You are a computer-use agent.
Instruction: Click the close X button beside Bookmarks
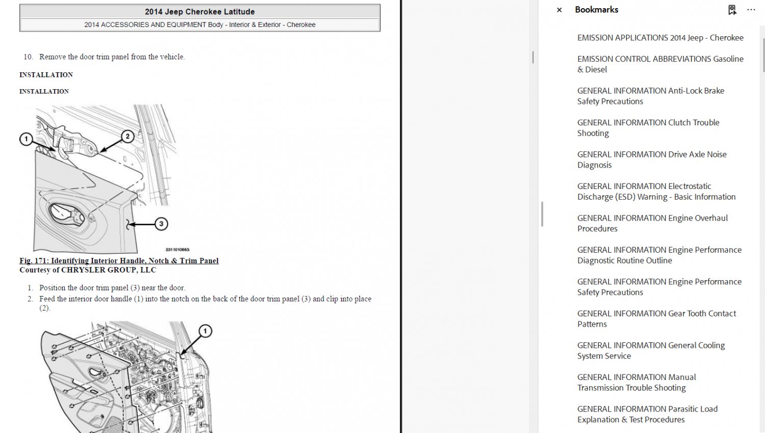coord(559,10)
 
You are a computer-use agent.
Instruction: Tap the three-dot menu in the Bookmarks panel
coord(751,10)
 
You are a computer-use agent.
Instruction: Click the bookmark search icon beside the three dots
coord(732,10)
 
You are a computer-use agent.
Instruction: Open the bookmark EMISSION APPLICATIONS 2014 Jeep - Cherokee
coord(660,38)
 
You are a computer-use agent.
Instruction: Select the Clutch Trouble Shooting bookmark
coord(648,128)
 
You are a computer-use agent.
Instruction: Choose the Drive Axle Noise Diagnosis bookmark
coord(652,159)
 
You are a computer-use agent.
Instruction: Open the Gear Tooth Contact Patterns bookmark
coord(656,319)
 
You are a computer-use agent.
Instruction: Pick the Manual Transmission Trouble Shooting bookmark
coord(636,382)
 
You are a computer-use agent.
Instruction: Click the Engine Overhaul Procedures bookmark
coord(652,223)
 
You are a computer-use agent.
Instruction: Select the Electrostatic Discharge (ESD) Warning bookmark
coord(656,192)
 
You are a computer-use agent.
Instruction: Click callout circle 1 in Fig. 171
coord(26,139)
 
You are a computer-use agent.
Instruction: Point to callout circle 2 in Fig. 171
coord(127,137)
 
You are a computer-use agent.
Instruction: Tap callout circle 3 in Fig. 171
coord(161,224)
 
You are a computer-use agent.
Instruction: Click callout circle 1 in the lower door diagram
coord(205,331)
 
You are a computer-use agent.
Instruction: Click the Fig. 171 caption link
coord(119,261)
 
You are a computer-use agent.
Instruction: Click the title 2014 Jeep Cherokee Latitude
coord(200,12)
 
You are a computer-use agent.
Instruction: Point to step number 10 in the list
coord(28,57)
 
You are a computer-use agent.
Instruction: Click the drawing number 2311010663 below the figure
coord(177,250)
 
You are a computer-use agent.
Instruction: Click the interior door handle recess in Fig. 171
coord(67,214)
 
